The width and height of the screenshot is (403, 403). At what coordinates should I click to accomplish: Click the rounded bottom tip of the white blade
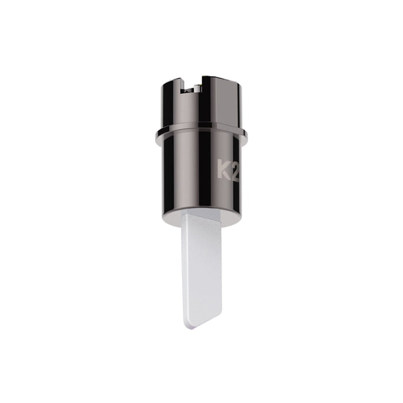(189, 324)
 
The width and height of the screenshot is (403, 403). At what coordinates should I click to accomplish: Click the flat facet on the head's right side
(233, 107)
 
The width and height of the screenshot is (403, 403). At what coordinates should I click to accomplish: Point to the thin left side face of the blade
(184, 265)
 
